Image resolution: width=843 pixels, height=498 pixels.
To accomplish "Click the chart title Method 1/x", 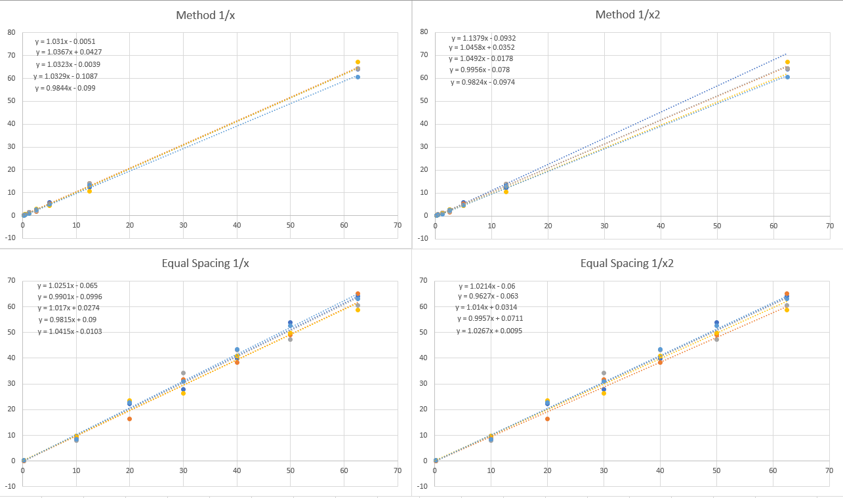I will [x=205, y=14].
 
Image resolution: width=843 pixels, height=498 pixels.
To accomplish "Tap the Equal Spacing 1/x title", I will [x=205, y=263].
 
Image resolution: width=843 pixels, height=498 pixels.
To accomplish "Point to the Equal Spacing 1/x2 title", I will [x=627, y=263].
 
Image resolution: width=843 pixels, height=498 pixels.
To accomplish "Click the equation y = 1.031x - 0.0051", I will [x=66, y=41].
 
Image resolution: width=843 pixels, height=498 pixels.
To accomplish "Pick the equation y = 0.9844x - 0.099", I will [x=65, y=88].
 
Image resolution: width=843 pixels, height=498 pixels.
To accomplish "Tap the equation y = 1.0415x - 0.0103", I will [x=69, y=331].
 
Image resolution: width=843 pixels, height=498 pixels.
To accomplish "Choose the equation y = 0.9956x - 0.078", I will [x=480, y=70].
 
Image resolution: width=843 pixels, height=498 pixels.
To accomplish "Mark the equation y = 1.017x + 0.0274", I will [x=68, y=308].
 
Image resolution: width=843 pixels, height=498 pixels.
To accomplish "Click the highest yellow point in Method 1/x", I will [x=358, y=62].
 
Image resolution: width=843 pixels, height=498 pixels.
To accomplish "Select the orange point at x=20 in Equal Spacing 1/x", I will [x=129, y=419].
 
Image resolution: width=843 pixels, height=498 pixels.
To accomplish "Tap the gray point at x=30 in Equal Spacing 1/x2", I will [x=604, y=373].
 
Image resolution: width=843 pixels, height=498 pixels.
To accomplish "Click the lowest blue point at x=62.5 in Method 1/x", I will [x=358, y=77].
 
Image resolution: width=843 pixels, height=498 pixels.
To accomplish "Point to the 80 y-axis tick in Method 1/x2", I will [x=424, y=31].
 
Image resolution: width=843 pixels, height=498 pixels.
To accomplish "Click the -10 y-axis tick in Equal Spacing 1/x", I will [x=11, y=486].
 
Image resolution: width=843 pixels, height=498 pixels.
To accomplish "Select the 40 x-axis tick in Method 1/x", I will [x=237, y=225].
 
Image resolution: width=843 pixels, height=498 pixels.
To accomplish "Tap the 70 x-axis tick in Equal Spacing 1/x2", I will [x=829, y=470].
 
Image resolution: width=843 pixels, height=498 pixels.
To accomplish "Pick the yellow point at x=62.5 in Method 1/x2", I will [x=787, y=62].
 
